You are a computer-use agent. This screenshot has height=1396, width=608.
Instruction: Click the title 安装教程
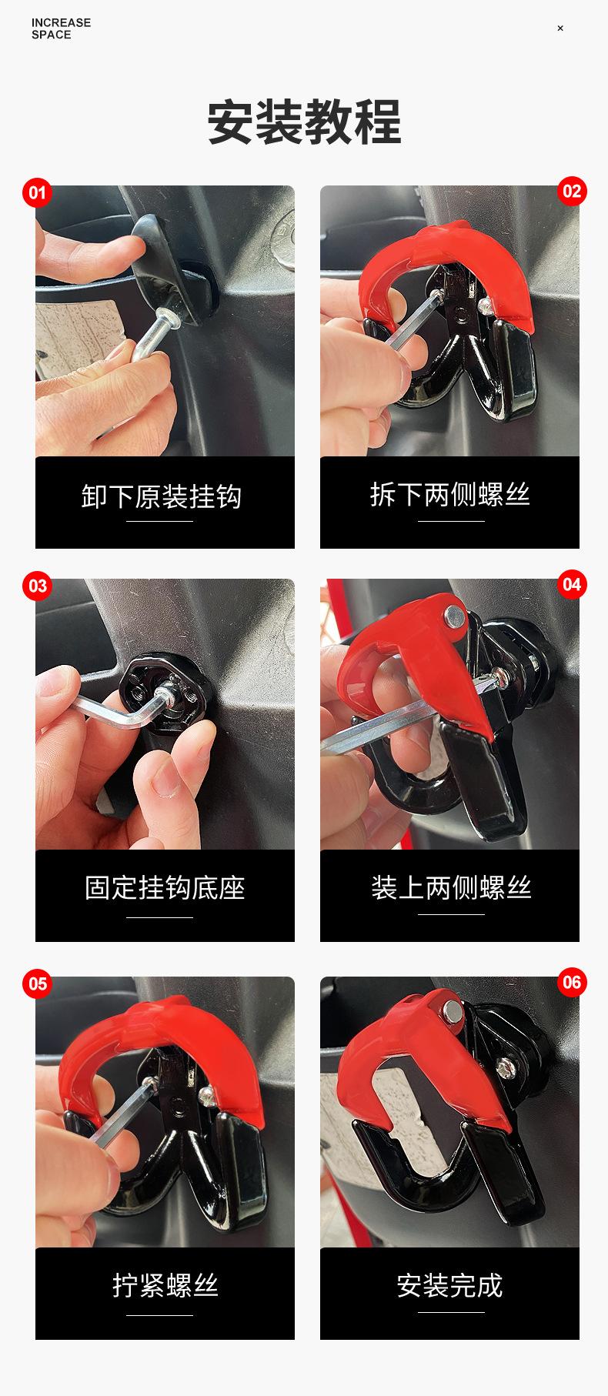304,122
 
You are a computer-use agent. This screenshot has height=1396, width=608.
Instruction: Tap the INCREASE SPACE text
61,28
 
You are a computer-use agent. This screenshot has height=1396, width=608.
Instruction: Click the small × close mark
560,28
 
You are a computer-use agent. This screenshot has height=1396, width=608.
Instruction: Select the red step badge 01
37,192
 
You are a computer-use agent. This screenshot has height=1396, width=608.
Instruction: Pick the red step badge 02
572,191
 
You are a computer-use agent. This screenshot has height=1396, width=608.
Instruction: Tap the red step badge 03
37,586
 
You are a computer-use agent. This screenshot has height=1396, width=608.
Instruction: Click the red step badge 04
572,584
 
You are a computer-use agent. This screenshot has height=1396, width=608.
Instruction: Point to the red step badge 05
37,984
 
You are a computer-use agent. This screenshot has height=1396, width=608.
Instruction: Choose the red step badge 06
572,982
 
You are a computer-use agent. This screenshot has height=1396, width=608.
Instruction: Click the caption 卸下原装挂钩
162,496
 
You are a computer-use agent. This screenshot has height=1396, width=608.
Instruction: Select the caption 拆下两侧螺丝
450,494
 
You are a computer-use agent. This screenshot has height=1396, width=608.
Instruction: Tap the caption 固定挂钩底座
165,888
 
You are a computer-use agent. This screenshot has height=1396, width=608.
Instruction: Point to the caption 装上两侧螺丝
451,887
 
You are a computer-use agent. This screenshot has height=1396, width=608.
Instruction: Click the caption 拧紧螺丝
165,1285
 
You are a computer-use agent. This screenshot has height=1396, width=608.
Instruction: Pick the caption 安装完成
450,1285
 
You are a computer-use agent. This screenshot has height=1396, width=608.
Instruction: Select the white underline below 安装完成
451,1312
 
